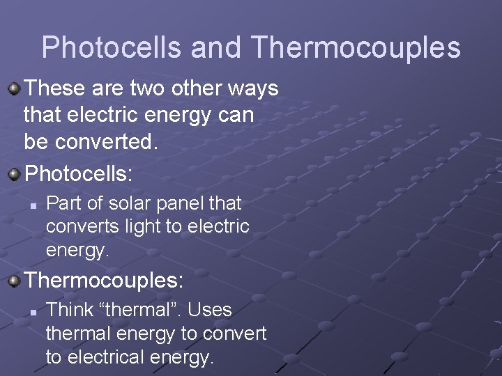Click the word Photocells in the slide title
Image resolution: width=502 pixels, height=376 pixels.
[112, 47]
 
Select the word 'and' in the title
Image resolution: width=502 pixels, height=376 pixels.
[216, 47]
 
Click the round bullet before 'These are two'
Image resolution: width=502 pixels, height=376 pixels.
[14, 89]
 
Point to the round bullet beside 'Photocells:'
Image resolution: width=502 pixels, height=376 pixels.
[14, 173]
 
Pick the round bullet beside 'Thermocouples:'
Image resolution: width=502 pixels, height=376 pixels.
[14, 281]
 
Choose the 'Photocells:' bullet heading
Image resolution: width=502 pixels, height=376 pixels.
[78, 173]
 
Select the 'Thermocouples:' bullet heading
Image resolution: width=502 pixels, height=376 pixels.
[104, 281]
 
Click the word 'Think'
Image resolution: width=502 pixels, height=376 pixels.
[69, 310]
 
